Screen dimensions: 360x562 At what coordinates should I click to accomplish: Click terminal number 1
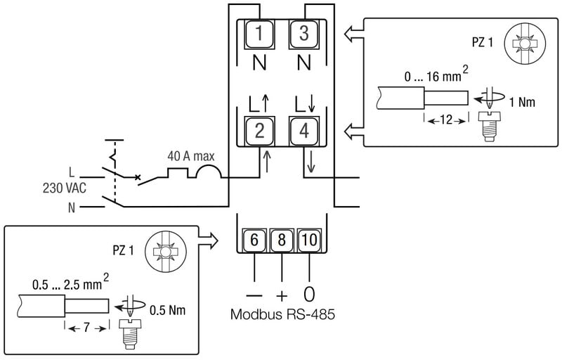point(259,33)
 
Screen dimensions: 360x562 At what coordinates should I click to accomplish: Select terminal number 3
point(304,33)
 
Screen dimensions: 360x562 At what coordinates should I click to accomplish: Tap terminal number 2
point(259,130)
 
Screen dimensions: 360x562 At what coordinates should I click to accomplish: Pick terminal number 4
point(304,130)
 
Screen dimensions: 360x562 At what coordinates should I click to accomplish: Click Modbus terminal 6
point(254,240)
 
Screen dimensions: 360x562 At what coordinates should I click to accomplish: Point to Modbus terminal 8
point(281,240)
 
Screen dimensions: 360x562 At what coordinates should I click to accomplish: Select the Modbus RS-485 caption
point(282,314)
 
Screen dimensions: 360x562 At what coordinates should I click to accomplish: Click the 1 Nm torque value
point(523,102)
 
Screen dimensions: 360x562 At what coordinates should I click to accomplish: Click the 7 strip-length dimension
point(87,328)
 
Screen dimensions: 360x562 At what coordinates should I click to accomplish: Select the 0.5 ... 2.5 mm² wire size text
point(67,285)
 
